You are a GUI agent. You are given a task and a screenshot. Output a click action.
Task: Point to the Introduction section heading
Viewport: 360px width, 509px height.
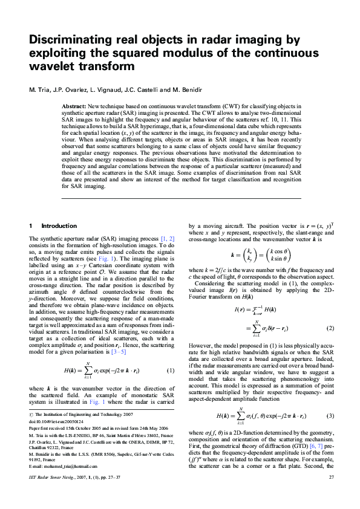[x=59, y=225]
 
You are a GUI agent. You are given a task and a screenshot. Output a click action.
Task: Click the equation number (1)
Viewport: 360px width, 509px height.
[x=171, y=370]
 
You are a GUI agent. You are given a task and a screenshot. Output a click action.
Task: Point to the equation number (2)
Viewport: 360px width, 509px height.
[x=330, y=328]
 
